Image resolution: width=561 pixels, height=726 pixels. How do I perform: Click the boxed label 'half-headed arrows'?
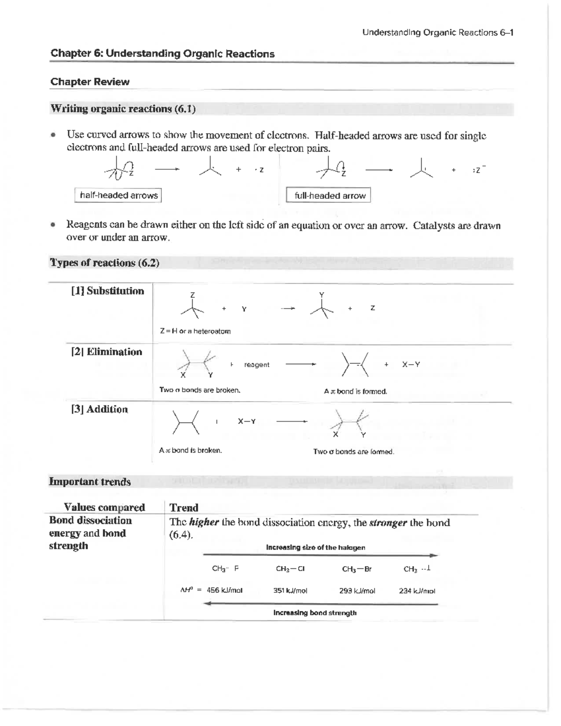tap(118, 195)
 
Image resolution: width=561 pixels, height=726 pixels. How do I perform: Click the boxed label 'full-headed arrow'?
tap(329, 196)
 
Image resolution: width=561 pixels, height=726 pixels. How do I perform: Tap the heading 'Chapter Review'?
tap(90, 82)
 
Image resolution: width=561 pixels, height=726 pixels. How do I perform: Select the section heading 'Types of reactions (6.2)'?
tap(105, 263)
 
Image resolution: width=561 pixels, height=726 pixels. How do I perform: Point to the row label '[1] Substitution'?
tap(108, 291)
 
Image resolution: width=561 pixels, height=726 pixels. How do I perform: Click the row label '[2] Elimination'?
tap(107, 352)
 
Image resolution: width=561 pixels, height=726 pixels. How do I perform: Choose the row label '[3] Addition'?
tap(100, 410)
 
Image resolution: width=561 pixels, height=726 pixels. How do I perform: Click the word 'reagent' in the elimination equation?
tap(257, 365)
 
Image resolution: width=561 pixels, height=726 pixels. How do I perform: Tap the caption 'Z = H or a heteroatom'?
tap(195, 331)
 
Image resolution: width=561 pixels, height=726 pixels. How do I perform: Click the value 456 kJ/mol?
tap(224, 590)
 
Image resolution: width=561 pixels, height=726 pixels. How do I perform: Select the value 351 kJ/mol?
tap(290, 590)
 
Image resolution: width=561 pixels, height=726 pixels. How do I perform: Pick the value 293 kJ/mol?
tap(357, 590)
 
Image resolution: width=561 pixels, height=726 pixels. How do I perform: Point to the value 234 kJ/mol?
tap(417, 590)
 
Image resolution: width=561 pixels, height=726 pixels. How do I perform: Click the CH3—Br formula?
tap(357, 569)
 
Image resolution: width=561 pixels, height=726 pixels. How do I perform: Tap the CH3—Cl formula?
tap(290, 569)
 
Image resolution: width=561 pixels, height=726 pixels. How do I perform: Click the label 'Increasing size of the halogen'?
tap(316, 547)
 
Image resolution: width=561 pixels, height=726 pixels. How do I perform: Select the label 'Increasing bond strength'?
tap(315, 613)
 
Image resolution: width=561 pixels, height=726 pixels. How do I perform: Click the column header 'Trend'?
tap(184, 508)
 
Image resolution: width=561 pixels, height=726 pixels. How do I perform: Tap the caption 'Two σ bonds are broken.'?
tap(200, 390)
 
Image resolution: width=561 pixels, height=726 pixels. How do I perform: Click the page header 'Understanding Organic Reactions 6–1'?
tap(438, 33)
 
